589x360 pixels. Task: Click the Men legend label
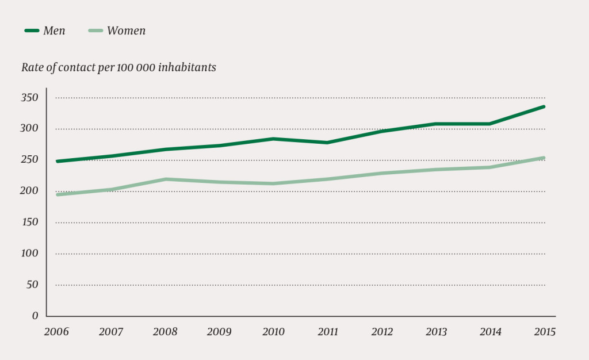(x=54, y=31)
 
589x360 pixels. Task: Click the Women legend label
(x=126, y=31)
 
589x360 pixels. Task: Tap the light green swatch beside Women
(x=95, y=31)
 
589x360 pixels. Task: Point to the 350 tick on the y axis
(x=30, y=98)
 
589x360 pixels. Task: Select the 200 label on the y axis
(x=30, y=191)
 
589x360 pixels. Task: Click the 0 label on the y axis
(x=35, y=316)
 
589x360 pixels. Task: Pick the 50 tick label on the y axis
(x=32, y=285)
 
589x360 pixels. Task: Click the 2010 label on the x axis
(x=273, y=332)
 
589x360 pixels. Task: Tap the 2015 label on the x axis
(x=545, y=332)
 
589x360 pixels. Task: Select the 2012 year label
(x=382, y=332)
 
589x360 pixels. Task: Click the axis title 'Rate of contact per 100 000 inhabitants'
(x=118, y=67)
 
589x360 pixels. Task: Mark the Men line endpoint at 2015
(x=544, y=106)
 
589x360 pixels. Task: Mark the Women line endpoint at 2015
(x=544, y=158)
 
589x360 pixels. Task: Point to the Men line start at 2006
(x=57, y=162)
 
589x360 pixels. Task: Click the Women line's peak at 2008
(x=166, y=179)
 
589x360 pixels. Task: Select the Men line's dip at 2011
(x=327, y=143)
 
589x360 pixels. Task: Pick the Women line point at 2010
(x=273, y=184)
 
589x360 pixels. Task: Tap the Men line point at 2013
(x=436, y=124)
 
